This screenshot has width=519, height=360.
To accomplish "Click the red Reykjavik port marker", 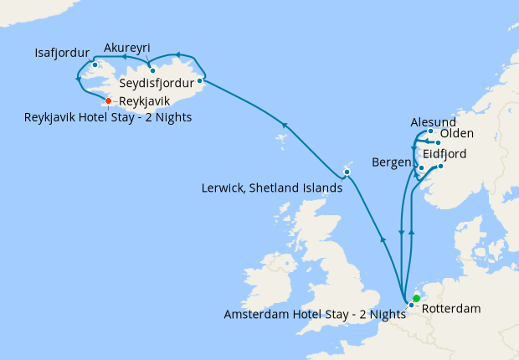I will click(x=108, y=101).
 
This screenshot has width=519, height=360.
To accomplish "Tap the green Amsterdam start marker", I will click(x=416, y=298).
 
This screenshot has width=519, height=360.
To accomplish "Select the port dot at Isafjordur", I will click(x=95, y=64).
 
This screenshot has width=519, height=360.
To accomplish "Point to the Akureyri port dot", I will click(x=152, y=70).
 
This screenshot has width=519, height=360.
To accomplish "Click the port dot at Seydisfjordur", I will click(x=200, y=81).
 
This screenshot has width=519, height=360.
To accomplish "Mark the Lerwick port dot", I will click(x=347, y=172).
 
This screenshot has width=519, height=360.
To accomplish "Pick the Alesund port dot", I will click(x=430, y=131).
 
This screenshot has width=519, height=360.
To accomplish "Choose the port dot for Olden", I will click(x=438, y=142).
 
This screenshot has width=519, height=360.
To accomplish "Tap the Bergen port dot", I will click(x=421, y=167).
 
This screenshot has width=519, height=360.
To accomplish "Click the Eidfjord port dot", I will click(x=440, y=166).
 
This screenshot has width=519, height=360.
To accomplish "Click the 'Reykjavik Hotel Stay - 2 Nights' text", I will click(x=109, y=117).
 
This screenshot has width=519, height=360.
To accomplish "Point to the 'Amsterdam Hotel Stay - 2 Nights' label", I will click(x=314, y=315).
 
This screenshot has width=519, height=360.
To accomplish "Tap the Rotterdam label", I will click(x=451, y=309).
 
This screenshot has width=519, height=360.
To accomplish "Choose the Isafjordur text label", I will click(x=62, y=52).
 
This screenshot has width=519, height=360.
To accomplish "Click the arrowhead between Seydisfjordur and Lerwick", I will click(x=283, y=126).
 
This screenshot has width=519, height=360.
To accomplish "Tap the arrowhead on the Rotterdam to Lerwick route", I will click(x=383, y=239).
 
